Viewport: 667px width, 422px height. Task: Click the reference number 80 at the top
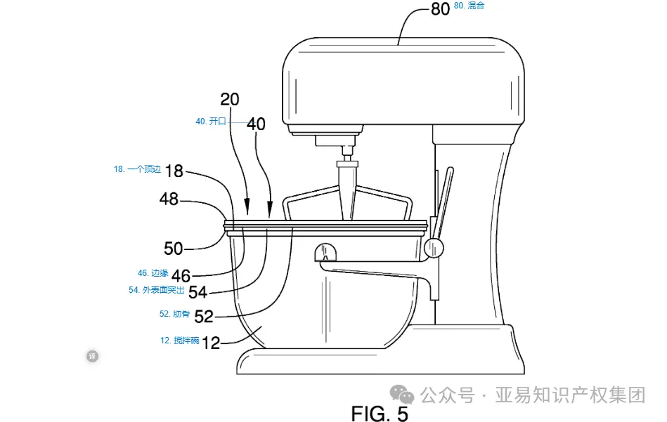(x=440, y=9)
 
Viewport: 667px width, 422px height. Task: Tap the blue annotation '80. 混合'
(x=470, y=6)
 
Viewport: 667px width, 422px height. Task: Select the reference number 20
(x=230, y=99)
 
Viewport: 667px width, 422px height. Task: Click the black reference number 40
(x=256, y=124)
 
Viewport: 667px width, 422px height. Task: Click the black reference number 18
(x=174, y=171)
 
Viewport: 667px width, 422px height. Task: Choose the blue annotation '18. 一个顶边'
(x=138, y=169)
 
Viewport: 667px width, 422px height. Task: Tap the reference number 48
(x=169, y=199)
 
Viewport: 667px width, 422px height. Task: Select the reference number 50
(x=174, y=249)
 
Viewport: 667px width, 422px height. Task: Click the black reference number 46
(x=181, y=275)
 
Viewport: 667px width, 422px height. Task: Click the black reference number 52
(x=203, y=316)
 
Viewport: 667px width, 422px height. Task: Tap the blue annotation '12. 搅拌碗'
(x=180, y=341)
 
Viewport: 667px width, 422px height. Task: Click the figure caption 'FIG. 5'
(x=380, y=413)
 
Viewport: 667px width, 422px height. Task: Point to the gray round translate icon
(x=92, y=356)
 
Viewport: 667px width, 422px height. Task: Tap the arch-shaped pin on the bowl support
(x=325, y=250)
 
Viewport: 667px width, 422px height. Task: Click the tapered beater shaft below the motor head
(x=347, y=186)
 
